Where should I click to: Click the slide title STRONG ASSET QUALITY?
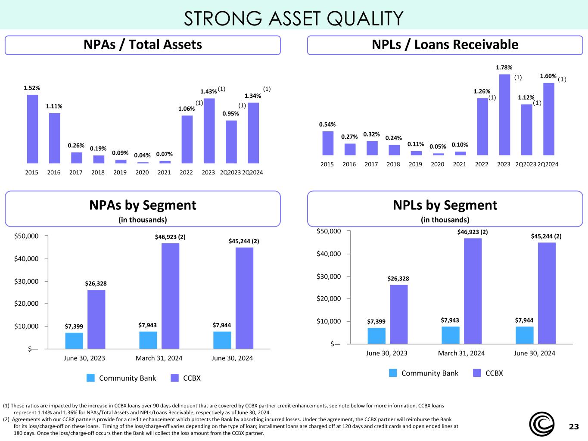pyautogui.click(x=293, y=18)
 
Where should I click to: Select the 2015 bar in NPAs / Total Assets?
pyautogui.click(x=32, y=129)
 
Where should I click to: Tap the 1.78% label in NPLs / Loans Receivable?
pyautogui.click(x=504, y=67)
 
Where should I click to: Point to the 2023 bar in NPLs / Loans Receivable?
pyautogui.click(x=504, y=115)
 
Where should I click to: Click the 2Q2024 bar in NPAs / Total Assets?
pyautogui.click(x=253, y=133)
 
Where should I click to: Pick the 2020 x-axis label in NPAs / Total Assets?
pyautogui.click(x=142, y=172)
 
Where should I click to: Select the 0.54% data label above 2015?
pyautogui.click(x=327, y=124)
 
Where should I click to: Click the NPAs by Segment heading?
pyautogui.click(x=143, y=205)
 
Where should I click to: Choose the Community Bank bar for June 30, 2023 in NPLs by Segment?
pyautogui.click(x=376, y=335)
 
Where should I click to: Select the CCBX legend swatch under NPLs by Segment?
pyautogui.click(x=477, y=373)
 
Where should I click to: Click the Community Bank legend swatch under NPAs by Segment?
pyautogui.click(x=90, y=378)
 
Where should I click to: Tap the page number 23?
pyautogui.click(x=574, y=427)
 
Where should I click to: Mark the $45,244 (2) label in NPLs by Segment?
pyautogui.click(x=546, y=236)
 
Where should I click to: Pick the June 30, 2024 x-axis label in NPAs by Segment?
pyautogui.click(x=232, y=358)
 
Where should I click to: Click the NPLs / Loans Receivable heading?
pyautogui.click(x=445, y=44)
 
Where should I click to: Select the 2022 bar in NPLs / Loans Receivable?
pyautogui.click(x=482, y=127)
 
